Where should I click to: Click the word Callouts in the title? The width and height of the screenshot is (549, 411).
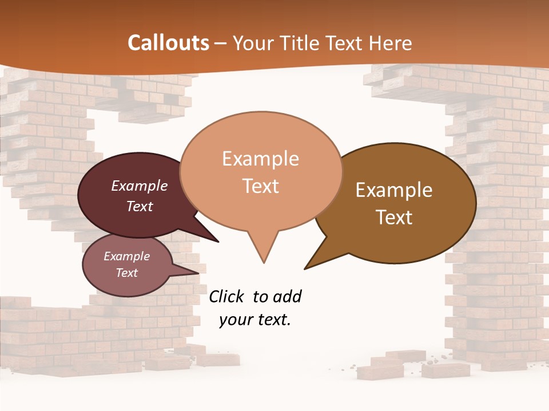tap(168, 43)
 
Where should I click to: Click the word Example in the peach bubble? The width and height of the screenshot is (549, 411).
tap(260, 159)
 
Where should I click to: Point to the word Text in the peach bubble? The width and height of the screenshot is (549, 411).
tap(260, 186)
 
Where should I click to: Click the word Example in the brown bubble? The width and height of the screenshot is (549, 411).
tap(394, 190)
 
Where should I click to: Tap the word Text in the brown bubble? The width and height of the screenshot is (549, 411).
tap(394, 217)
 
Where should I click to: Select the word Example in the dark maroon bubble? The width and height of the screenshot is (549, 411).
tap(140, 186)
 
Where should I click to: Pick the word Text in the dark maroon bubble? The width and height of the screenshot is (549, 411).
tap(140, 206)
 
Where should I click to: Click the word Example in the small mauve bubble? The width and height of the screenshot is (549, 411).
tap(126, 256)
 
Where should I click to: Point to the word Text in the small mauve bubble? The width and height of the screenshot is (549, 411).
tap(126, 273)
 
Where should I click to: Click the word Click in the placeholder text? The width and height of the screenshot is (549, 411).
tap(228, 297)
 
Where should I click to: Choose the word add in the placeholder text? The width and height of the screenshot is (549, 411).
tap(287, 297)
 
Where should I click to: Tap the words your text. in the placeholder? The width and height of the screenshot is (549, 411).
tap(255, 320)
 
